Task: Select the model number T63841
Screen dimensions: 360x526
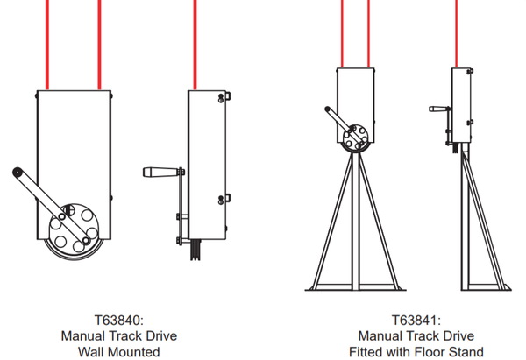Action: coord(416,320)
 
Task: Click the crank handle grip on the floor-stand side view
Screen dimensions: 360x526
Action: coord(437,109)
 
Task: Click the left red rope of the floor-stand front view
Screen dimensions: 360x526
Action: coord(341,35)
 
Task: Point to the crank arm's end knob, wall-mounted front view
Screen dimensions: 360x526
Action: coord(18,173)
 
